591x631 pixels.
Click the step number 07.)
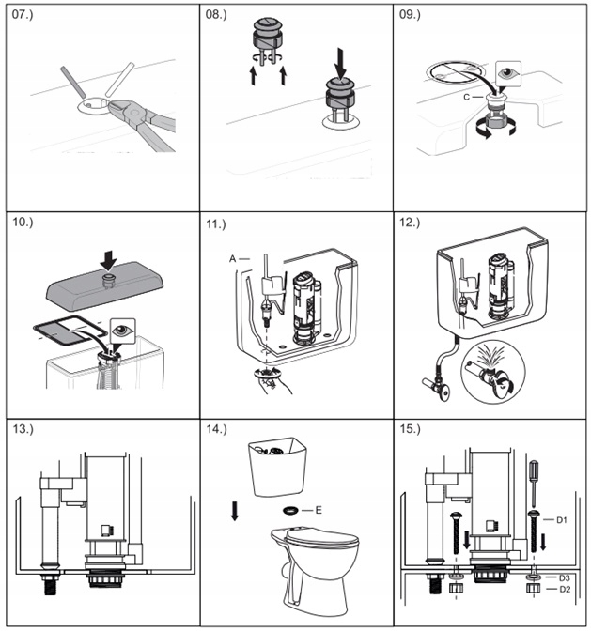click(x=25, y=17)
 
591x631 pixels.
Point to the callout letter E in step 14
click(x=319, y=509)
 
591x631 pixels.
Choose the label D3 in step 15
click(x=563, y=577)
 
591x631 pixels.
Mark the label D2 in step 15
click(x=563, y=589)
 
